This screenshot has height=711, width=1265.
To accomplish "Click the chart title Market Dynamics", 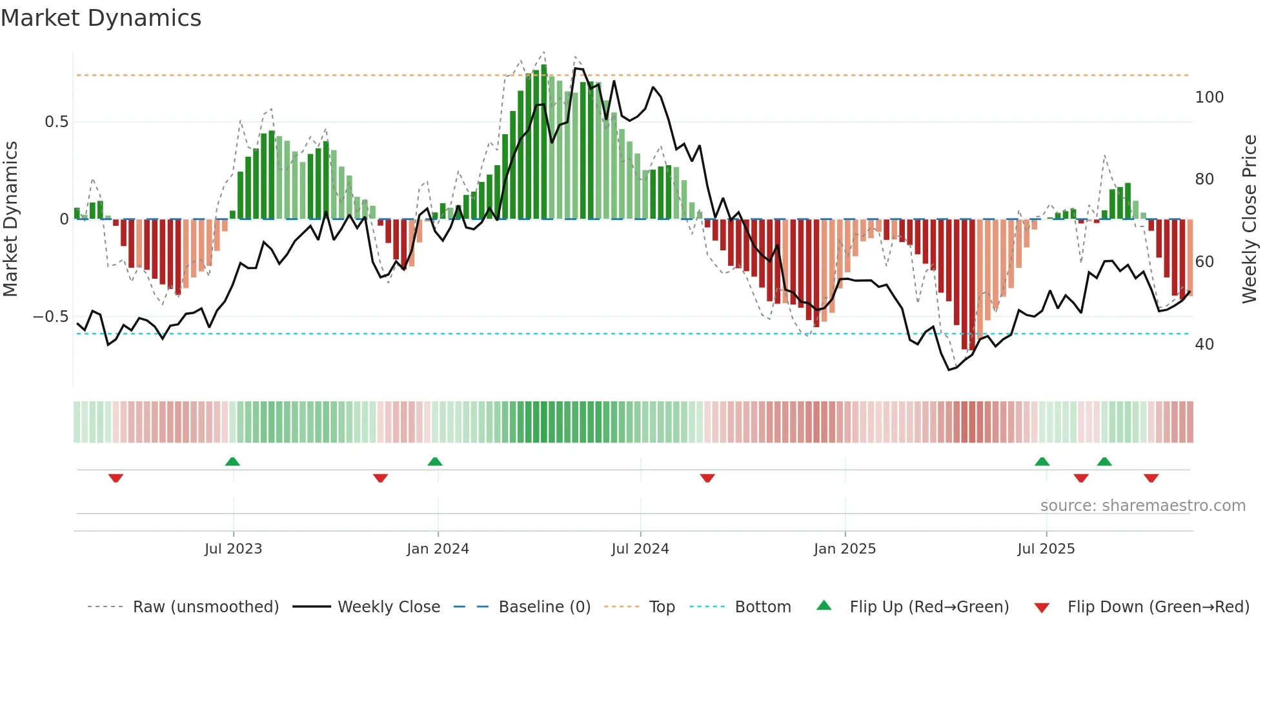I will tap(101, 18).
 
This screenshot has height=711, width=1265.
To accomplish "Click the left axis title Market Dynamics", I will tap(10, 219).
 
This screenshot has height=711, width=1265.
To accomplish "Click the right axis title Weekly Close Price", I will tap(1250, 219).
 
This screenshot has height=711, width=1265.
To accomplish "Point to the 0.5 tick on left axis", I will tap(56, 122).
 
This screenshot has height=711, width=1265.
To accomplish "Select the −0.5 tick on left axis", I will tap(51, 317).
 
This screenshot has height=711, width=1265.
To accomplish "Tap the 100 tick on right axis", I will tap(1209, 97).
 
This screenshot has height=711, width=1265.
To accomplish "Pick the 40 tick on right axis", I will tap(1204, 345).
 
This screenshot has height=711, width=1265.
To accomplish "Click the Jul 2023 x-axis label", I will tap(233, 549).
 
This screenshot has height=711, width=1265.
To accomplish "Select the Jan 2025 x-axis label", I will tap(844, 549).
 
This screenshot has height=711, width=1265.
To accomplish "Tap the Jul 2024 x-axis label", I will tap(640, 549).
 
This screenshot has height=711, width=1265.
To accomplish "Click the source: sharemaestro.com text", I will tap(1142, 506).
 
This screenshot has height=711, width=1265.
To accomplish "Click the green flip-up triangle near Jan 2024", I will tap(435, 461).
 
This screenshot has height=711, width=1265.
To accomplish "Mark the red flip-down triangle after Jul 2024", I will tap(707, 478).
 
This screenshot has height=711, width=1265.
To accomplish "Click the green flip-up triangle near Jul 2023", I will tap(232, 461).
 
